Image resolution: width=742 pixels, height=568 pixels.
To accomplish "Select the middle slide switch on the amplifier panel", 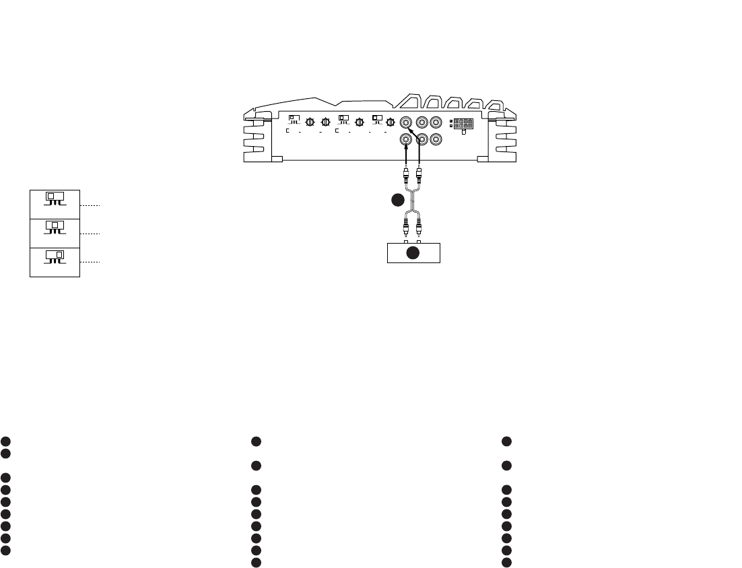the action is [344, 120].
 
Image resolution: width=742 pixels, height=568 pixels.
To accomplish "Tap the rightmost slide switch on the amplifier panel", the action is [378, 120].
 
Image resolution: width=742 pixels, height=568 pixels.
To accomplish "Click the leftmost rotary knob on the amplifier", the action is [310, 122].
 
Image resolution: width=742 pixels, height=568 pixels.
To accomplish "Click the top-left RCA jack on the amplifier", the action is [406, 123].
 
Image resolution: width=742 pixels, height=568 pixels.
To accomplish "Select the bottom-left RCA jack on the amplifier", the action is [406, 140].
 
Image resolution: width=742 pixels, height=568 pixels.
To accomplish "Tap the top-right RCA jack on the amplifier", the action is [436, 123].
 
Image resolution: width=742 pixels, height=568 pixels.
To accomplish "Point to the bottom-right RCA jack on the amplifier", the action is [436, 140].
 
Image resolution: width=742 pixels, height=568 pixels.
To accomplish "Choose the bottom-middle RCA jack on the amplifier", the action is [421, 140].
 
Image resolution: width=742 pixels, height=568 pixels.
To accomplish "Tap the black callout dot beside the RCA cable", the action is [399, 200].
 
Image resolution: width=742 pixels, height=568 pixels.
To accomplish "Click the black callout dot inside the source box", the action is [413, 253].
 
